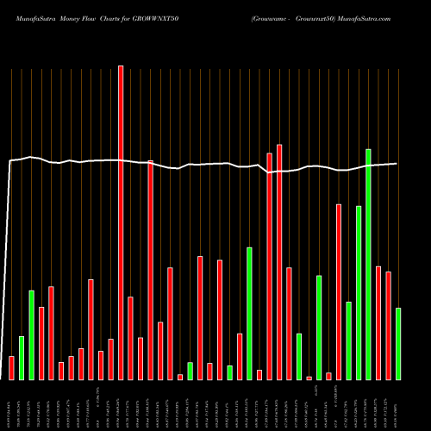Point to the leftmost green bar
tap(22, 358)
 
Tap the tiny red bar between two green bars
tap(309, 378)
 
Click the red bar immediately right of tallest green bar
tap(378, 322)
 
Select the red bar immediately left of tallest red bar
tap(110, 359)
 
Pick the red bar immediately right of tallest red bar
tap(130, 338)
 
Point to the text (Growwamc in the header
tap(272, 18)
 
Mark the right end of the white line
tap(397, 164)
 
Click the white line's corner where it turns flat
tap(10, 161)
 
